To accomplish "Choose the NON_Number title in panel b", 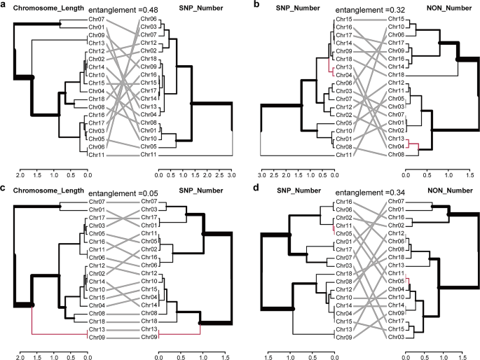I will (x=434, y=7).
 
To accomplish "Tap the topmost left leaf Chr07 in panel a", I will (x=97, y=20).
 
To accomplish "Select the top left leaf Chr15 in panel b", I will (x=343, y=20).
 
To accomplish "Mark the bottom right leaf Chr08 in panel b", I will (x=397, y=154).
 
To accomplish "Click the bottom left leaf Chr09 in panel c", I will (x=97, y=338).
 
